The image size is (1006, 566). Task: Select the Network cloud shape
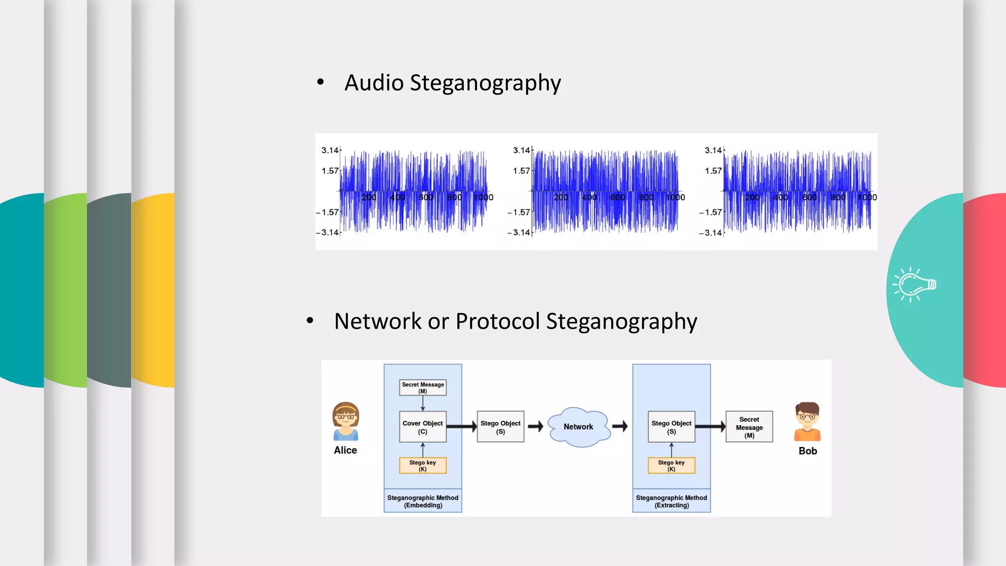pos(578,426)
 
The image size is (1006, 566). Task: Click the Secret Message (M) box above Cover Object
pos(422,388)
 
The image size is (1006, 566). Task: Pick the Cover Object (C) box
pos(422,427)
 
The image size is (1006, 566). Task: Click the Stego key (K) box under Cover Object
pos(422,465)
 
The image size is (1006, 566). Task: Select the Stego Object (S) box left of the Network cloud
pos(500,427)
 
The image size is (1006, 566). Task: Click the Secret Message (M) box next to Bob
pos(749,427)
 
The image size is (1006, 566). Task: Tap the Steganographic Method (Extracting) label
pos(671,501)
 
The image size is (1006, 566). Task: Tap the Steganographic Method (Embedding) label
pos(422,501)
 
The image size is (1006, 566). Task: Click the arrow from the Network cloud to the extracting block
pos(620,426)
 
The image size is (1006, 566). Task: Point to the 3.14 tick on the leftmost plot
pos(330,150)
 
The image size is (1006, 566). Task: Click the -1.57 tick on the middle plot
pos(519,212)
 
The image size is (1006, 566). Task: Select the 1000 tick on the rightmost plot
pos(866,198)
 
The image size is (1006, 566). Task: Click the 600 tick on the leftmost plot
pos(425,198)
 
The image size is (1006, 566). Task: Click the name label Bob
pos(808,451)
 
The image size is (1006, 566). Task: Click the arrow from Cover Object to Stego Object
pos(461,426)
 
